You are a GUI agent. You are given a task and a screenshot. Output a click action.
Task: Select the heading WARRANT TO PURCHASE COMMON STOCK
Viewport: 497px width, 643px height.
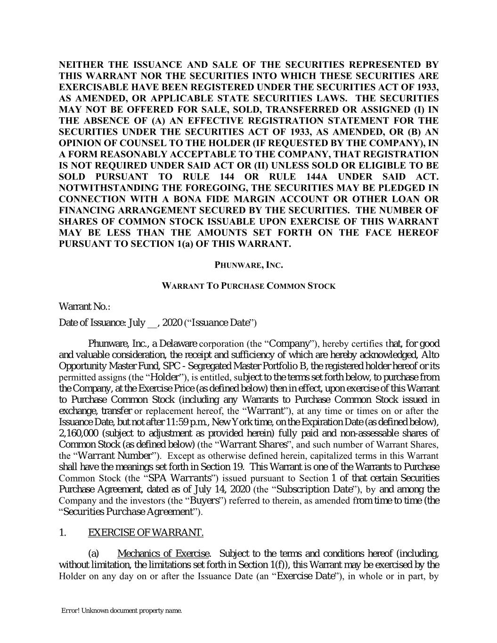(249, 286)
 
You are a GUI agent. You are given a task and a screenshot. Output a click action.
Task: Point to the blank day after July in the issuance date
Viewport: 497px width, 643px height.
(152, 323)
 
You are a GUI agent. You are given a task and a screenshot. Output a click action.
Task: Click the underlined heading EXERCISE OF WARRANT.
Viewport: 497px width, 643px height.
(146, 533)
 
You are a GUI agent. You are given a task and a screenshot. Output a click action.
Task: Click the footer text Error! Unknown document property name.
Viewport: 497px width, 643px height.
(122, 611)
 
